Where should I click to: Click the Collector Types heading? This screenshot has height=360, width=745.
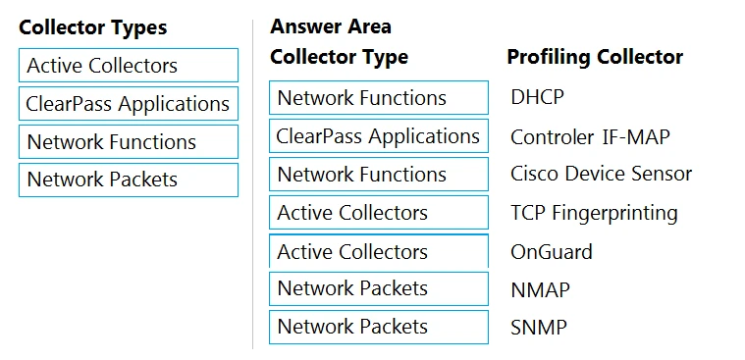(93, 27)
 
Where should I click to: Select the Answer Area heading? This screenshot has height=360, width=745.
(330, 26)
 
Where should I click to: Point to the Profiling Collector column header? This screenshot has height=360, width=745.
(595, 57)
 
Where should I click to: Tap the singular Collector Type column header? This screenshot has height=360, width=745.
(339, 57)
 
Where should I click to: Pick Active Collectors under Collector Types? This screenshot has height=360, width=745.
(128, 66)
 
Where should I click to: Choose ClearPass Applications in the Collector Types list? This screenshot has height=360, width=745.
(128, 104)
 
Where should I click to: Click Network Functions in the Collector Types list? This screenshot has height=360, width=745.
(128, 142)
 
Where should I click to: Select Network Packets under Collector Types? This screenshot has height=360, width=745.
(128, 180)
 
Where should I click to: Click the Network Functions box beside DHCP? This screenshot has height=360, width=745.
(378, 98)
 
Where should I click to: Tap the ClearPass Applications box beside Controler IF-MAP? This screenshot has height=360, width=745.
(378, 136)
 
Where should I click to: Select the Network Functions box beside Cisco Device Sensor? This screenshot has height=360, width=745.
(378, 175)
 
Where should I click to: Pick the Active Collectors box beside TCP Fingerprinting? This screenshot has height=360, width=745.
(378, 213)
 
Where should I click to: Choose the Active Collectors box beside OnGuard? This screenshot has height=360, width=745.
(378, 252)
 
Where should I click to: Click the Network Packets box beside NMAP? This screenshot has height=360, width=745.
(378, 289)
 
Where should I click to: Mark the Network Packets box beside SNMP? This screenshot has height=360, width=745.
(378, 328)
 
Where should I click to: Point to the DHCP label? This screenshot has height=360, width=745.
(537, 98)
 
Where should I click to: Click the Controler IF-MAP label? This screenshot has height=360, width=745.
(590, 137)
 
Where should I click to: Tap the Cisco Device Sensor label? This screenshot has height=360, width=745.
(601, 175)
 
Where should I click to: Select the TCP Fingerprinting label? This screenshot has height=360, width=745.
(594, 213)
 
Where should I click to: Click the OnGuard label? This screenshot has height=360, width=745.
(551, 252)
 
